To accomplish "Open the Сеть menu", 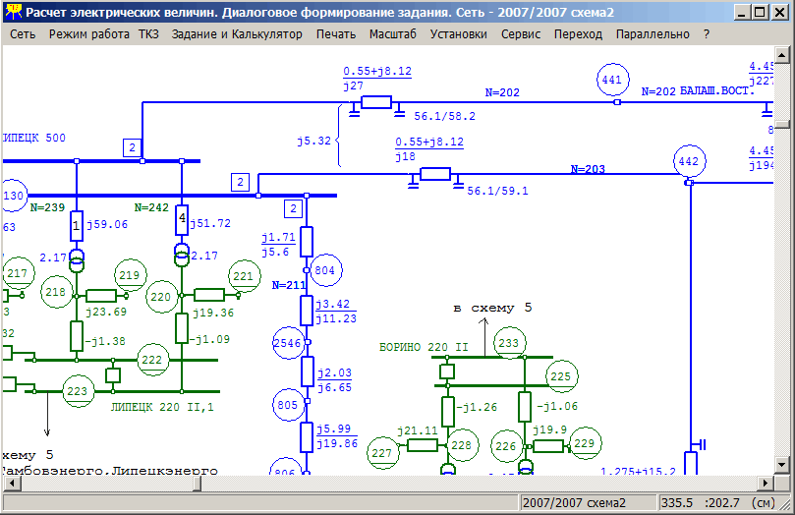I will (23, 33).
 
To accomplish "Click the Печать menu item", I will (336, 33).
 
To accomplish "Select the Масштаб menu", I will (392, 33).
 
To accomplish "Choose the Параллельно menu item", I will (653, 33).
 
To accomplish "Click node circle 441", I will (611, 80).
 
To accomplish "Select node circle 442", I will (689, 161).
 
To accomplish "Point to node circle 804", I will (324, 269).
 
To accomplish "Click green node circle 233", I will (508, 343).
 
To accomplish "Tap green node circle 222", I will (151, 361).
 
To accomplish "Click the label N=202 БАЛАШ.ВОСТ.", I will (697, 91).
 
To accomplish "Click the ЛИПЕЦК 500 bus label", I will (34, 138).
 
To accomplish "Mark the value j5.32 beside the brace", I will (313, 142).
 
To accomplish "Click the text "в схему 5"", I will (491, 308).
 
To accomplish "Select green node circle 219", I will (130, 275).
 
